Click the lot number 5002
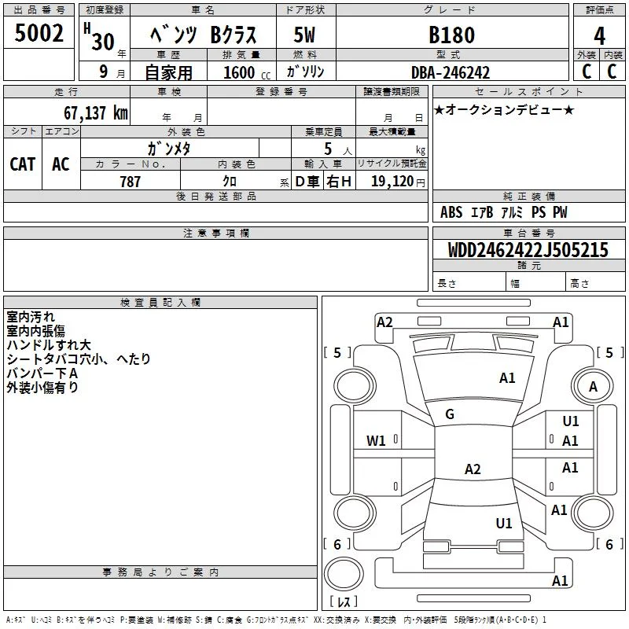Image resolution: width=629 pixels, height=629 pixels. coord(39,33)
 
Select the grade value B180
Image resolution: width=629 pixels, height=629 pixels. coord(451,35)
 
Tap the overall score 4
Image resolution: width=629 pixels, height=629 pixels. coord(599,36)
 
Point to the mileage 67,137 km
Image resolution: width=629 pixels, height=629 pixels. coord(96,112)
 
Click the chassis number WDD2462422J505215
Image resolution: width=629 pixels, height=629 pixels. coord(528,250)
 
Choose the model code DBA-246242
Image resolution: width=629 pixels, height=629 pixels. coord(451,72)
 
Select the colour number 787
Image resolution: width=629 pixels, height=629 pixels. coord(130,182)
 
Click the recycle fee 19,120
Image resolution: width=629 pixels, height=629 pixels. coord(392,182)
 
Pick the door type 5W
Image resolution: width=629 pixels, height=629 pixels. coord(304,35)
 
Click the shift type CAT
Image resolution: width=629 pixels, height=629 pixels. coord(23,164)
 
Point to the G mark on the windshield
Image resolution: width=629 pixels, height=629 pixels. coord(450,414)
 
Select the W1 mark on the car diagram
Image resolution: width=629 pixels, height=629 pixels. coord(376,441)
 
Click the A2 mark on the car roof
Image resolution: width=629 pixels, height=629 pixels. coord(473,469)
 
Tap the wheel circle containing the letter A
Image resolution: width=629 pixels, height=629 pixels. coord(593,387)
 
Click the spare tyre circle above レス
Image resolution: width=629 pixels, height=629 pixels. coord(344,573)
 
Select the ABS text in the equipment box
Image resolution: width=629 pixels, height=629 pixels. coord(451,212)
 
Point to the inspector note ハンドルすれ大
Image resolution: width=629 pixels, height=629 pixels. coord(49,345)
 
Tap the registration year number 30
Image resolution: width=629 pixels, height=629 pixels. coord(104,42)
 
